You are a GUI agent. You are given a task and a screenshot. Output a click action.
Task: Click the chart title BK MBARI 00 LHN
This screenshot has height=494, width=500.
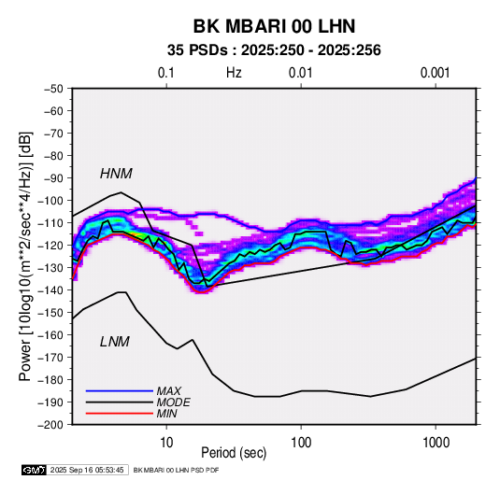(274, 26)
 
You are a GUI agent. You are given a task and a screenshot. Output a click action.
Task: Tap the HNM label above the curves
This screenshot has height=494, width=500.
(116, 174)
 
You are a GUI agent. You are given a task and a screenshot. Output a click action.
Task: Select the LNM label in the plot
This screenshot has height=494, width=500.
(115, 342)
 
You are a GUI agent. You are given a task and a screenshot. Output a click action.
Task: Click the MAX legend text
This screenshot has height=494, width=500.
(169, 390)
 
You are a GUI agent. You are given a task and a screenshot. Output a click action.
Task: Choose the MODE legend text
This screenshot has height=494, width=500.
(174, 402)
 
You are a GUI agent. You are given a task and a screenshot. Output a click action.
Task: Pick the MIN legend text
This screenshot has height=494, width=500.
(166, 414)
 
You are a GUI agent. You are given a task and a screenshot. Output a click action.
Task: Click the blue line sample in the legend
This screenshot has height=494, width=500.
(120, 390)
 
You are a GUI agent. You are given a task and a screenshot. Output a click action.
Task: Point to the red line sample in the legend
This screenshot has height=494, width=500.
(120, 414)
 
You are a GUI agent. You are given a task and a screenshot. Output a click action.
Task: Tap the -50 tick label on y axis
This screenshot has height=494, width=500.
(53, 89)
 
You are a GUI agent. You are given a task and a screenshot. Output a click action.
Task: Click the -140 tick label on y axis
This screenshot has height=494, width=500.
(51, 290)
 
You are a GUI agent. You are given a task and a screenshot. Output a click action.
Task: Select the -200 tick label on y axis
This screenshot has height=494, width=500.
(51, 425)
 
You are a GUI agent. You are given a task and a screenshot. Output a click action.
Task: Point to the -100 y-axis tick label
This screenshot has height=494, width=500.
(51, 201)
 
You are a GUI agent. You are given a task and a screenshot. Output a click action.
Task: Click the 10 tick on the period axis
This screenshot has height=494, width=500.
(166, 443)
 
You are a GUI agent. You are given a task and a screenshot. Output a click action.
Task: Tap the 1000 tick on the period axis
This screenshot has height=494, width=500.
(436, 443)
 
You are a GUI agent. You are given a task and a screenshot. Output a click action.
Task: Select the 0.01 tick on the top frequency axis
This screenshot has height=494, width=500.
(301, 73)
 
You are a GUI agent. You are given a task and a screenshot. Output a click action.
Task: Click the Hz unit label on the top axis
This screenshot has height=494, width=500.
(234, 73)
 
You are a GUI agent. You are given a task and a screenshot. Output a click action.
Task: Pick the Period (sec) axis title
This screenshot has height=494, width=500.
(234, 453)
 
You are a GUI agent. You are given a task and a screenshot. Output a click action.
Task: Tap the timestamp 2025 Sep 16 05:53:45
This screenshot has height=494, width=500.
(87, 470)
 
